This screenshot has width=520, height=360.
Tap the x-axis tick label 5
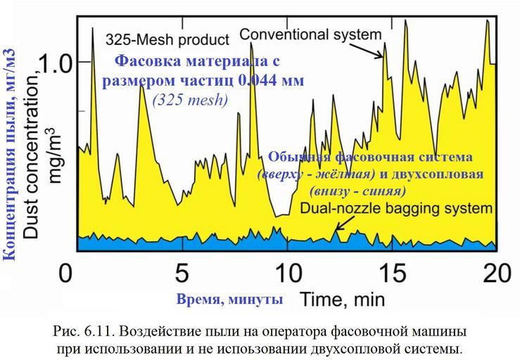coord(182,273)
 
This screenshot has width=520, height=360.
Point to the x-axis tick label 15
coord(394,273)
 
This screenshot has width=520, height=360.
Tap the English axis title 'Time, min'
coord(343,300)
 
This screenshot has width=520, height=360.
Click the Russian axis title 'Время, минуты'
coord(229,300)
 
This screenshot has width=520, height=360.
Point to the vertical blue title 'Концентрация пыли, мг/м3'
coord(10,155)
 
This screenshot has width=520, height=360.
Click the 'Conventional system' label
coord(310,33)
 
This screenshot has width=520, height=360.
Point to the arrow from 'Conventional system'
coord(375,49)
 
